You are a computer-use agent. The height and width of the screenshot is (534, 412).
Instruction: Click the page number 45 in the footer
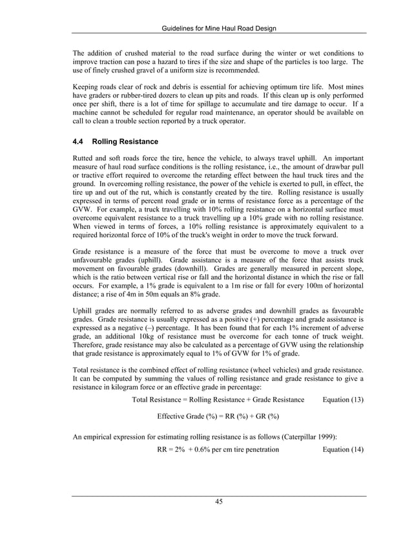219,502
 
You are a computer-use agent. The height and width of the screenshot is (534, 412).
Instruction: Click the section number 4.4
80,141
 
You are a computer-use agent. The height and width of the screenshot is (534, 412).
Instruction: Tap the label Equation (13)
342,400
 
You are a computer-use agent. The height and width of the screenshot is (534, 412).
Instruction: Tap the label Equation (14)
342,449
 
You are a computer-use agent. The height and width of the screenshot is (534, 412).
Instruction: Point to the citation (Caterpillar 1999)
324,437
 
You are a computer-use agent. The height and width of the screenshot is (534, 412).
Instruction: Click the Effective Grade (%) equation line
218,416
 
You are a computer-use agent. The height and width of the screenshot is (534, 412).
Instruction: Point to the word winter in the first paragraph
284,52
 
